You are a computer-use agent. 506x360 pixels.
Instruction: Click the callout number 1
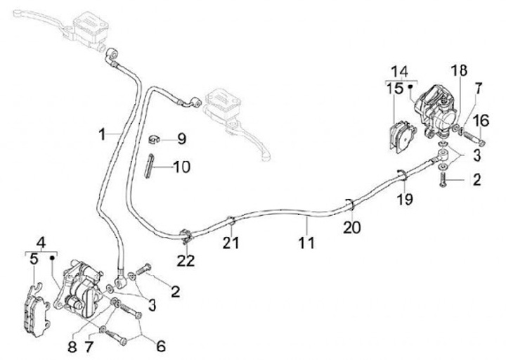point(103,134)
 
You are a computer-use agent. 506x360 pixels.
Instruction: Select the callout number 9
point(182,139)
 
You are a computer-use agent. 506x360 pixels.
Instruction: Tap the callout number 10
point(182,167)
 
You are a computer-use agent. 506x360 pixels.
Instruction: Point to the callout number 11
point(306,243)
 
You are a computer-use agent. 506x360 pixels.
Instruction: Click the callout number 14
point(400,72)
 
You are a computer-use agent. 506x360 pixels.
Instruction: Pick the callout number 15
point(395,89)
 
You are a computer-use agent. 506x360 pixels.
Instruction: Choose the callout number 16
point(481,121)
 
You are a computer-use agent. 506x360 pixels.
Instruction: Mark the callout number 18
point(459,70)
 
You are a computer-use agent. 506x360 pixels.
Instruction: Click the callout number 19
point(405,199)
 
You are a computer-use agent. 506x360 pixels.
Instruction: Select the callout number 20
point(352,228)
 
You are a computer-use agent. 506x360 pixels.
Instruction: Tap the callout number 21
point(231,243)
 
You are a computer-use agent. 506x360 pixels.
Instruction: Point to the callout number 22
point(186,261)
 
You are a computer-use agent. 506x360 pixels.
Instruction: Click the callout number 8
point(72,347)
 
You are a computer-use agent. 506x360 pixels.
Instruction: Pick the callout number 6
point(161,346)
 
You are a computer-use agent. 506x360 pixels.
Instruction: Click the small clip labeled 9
point(154,140)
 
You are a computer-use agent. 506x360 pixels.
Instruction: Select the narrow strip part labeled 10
point(148,166)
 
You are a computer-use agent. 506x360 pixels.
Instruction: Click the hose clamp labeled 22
point(186,237)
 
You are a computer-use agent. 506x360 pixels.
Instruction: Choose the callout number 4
point(41,243)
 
